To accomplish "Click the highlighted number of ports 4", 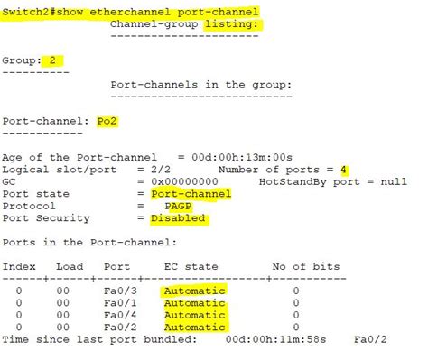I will [344, 169].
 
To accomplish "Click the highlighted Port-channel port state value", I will [191, 193].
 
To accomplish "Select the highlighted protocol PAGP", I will [181, 205].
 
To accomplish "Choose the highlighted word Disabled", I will [178, 217].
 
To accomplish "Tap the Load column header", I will [70, 266].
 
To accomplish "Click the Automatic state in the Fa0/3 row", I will [194, 291].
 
